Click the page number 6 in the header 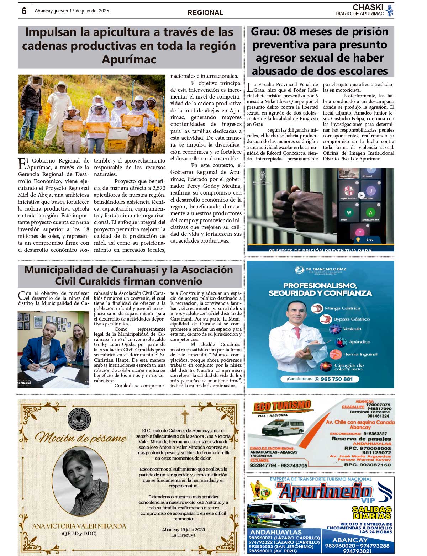tap(24, 11)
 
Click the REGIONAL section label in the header tap(205, 12)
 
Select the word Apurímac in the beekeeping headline tap(129, 59)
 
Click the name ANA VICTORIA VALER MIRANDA tap(79, 526)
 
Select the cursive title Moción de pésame tap(81, 437)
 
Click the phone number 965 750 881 tap(336, 379)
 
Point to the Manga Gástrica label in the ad tap(342, 308)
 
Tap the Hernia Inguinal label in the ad tap(360, 354)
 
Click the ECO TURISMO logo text tap(282, 406)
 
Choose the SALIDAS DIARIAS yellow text tap(371, 512)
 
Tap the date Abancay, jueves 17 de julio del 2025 tap(72, 11)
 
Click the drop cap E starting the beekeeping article tap(22, 164)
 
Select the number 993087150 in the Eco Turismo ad tap(373, 465)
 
